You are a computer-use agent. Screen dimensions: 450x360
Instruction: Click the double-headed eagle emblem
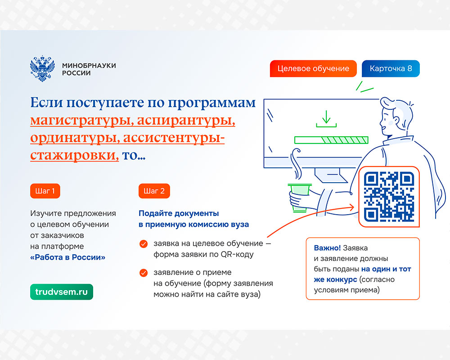coord(42,68)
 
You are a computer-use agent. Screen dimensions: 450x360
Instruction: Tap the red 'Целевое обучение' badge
coord(313,68)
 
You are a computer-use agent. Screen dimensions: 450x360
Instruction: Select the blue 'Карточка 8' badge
coord(391,68)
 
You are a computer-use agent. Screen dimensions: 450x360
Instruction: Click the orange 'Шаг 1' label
coord(45,191)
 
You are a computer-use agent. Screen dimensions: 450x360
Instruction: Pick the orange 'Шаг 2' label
coord(154,191)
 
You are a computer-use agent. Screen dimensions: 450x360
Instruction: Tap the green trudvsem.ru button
coord(61,292)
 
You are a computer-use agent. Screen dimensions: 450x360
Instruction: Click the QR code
coord(389,197)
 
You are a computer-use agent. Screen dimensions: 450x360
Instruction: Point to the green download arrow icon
coord(326,119)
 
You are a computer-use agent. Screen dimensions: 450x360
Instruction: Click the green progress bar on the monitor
coord(332,140)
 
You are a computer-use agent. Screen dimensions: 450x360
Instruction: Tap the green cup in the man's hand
coord(299,198)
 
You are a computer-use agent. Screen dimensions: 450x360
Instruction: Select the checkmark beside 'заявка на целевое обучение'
coord(144,244)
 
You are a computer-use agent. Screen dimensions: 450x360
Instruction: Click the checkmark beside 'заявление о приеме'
coord(144,273)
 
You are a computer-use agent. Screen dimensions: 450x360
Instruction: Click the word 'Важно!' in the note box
coord(327,248)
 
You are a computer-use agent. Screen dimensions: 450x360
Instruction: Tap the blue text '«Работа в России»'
coord(68,257)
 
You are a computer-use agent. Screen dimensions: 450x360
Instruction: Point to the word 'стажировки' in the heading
coord(74,155)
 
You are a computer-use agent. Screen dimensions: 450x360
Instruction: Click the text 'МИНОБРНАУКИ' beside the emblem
coord(89,65)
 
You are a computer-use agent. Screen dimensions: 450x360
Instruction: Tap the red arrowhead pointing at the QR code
coord(351,207)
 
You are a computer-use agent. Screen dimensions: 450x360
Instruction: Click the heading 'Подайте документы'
coord(179,213)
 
